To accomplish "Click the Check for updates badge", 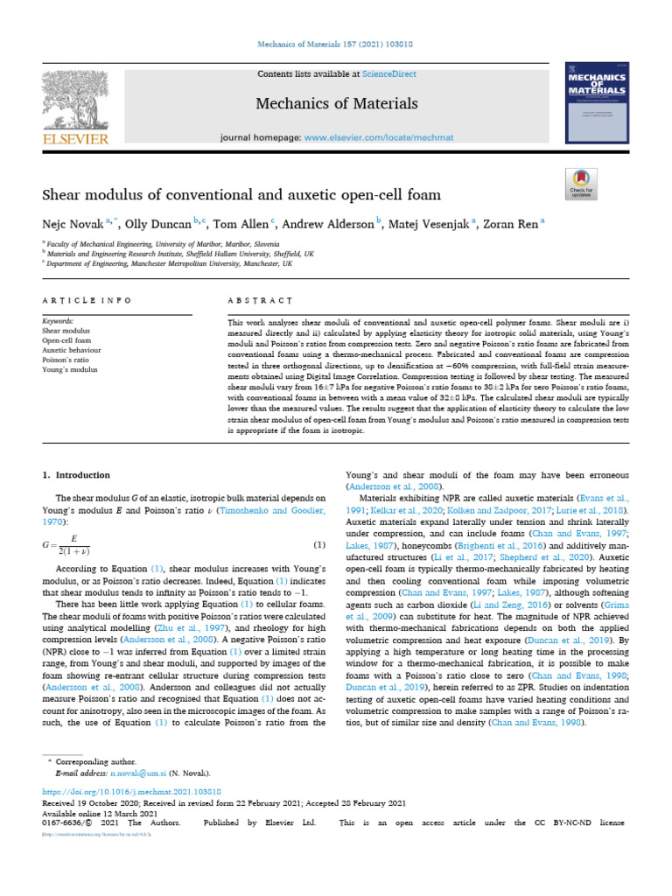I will pos(582,185).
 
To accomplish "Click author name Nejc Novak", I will pos(73,223).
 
